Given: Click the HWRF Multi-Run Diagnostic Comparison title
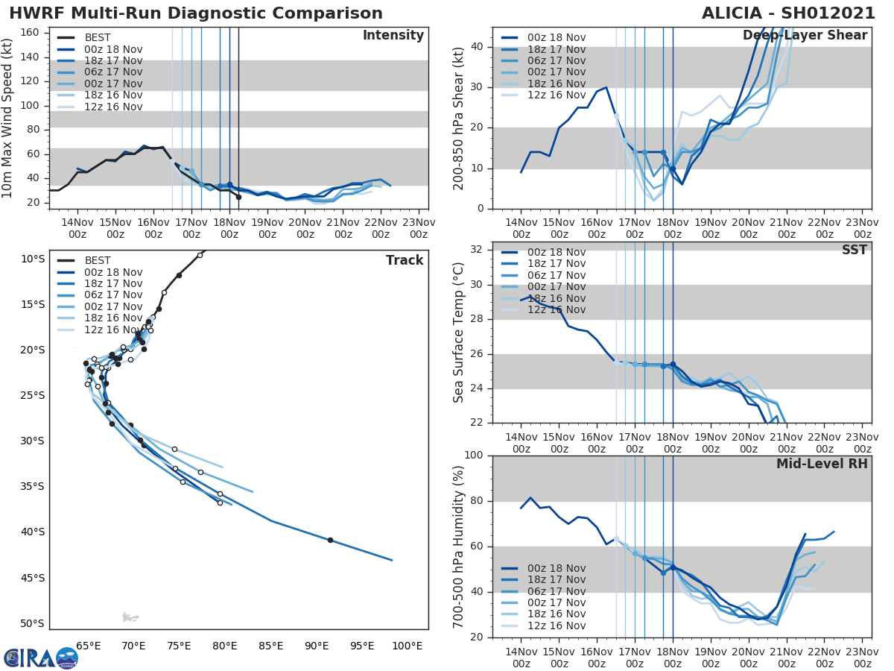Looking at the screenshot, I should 196,13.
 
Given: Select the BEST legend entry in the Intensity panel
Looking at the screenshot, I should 98,38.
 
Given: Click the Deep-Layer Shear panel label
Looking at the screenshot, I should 805,36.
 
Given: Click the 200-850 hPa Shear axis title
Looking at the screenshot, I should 460,118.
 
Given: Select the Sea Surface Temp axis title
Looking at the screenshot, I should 460,332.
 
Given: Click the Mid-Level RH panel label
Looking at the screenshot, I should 821,464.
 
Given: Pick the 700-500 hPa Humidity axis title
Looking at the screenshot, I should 460,546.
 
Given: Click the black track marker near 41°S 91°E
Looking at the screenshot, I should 330,540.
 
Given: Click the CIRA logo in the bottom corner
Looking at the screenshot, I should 41,658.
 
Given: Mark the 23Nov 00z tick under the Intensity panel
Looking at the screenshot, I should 418,228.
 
